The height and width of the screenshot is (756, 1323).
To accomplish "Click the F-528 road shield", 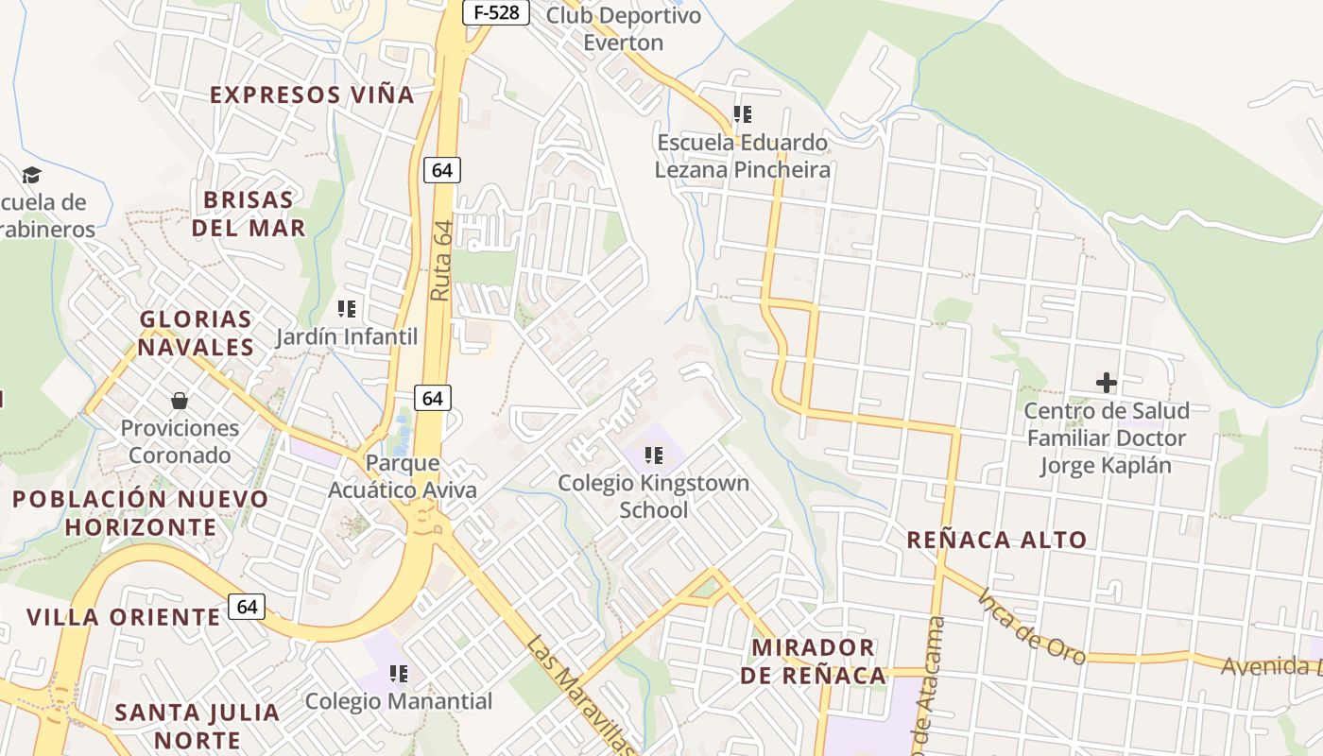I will point(495,12).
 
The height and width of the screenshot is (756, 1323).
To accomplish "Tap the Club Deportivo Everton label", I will point(624,29).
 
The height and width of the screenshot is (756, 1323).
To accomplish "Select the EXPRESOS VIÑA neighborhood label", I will point(312,95).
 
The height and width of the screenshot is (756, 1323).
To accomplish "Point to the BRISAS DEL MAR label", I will point(249,214).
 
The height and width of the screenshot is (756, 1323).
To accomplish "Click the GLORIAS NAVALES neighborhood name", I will point(197,333).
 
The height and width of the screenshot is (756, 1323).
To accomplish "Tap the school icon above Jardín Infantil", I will point(346,309).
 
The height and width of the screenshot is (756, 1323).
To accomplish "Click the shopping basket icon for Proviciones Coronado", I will point(180,402).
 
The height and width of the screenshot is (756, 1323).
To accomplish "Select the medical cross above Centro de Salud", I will point(1106,383).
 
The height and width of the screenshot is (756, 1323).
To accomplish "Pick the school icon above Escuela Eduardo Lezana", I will point(743,114).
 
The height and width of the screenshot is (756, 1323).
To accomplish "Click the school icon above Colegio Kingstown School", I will point(653,456).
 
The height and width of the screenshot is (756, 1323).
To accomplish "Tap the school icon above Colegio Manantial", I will point(399,674).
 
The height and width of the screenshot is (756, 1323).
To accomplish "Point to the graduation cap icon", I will point(32,175).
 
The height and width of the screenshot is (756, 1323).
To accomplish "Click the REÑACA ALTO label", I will point(997,540).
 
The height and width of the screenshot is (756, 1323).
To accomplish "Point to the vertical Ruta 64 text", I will point(440,260).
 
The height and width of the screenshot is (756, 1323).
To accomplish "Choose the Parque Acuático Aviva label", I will point(403,476).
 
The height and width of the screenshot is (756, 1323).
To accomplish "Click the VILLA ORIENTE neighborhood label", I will point(123,617).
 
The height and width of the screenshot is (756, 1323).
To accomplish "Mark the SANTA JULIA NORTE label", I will point(198,725).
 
